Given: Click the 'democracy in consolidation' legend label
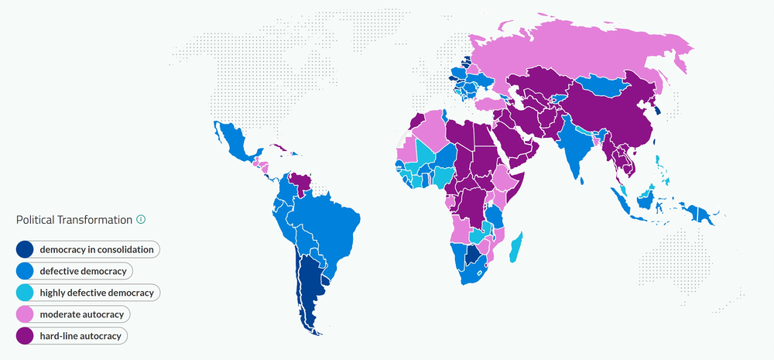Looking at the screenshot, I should coord(97,249).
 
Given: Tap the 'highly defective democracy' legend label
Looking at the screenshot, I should coord(97,293).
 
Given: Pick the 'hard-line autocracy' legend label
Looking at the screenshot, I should coord(83,336).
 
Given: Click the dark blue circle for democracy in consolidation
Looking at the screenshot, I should coord(25,249).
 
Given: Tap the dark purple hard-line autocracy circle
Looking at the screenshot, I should coord(25,336).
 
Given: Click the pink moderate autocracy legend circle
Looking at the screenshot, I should coord(25,314).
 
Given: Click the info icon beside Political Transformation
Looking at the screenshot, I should coord(141,220).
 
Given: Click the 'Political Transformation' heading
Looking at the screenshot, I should coord(74,220).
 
